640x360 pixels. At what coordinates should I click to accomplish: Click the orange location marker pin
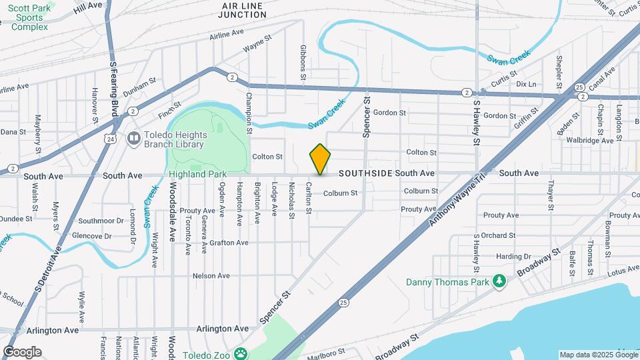(x=320, y=159)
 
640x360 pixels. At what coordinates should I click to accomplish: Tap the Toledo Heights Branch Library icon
(x=134, y=139)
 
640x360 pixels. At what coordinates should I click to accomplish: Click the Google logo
(x=22, y=352)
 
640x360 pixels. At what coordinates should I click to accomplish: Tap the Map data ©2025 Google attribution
(x=597, y=355)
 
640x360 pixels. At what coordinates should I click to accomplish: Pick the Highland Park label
(x=197, y=174)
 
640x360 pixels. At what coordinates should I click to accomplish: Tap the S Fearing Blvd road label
(x=113, y=87)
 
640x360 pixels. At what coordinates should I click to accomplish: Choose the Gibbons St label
(x=303, y=63)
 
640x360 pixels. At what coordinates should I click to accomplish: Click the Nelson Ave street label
(x=211, y=275)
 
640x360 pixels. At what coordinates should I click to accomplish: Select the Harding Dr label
(x=513, y=256)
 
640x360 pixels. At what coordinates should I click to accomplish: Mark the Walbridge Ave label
(x=589, y=141)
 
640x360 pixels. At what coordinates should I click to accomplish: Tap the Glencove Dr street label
(x=92, y=236)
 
